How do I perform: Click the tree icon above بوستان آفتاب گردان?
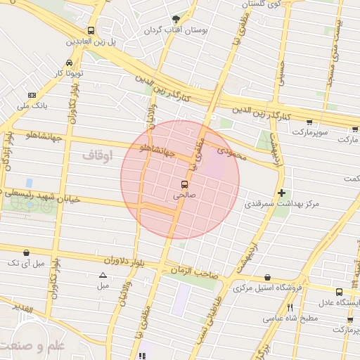[x=176, y=19]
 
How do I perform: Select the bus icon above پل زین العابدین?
[x=91, y=31]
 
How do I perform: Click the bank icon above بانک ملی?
[x=32, y=95]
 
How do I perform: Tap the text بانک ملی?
[x=32, y=106]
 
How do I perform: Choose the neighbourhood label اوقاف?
[x=96, y=155]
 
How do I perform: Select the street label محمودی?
[x=231, y=151]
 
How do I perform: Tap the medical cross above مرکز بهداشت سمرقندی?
[x=281, y=192]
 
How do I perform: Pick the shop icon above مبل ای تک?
[x=27, y=252]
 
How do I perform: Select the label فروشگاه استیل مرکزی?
[x=267, y=288]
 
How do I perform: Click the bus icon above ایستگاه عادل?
[x=340, y=292]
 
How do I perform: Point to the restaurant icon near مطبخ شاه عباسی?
[x=290, y=307]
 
